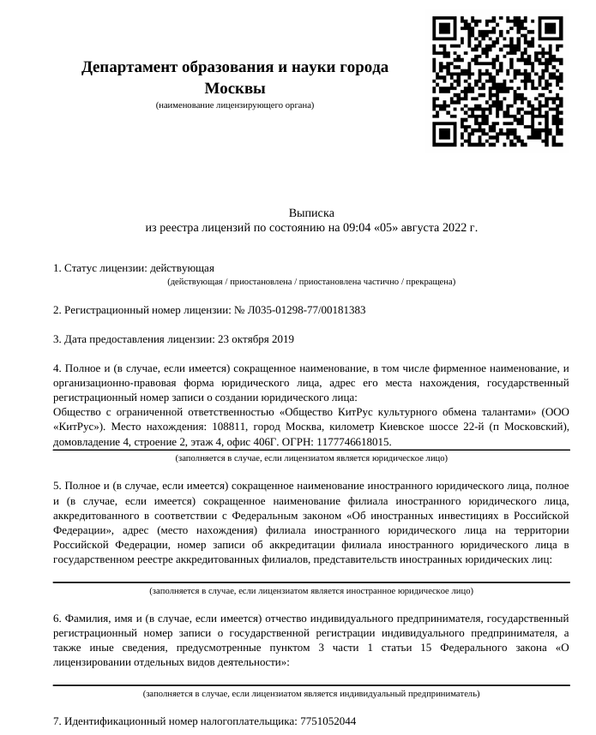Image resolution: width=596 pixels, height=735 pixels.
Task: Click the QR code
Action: pyautogui.click(x=497, y=81)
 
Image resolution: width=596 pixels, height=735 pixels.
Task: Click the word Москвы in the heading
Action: pyautogui.click(x=235, y=88)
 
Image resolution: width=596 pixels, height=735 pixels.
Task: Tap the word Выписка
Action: pyautogui.click(x=311, y=212)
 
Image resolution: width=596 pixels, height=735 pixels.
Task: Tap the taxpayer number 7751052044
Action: pyautogui.click(x=328, y=721)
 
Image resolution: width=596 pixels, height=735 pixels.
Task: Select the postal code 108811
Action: pyautogui.click(x=230, y=427)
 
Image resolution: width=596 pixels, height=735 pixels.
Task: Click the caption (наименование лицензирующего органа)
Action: pyautogui.click(x=235, y=105)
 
